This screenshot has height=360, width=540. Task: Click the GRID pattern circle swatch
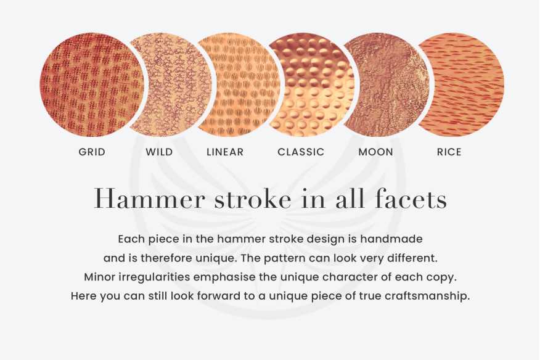(91, 85)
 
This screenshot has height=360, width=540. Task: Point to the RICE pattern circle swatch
(461, 84)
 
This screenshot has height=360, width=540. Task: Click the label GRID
(92, 152)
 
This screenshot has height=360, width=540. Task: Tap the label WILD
(159, 152)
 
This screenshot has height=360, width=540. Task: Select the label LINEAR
(225, 152)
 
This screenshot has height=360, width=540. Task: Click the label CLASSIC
(301, 152)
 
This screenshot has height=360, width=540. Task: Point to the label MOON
(376, 152)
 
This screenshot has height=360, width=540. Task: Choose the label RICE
(449, 152)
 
